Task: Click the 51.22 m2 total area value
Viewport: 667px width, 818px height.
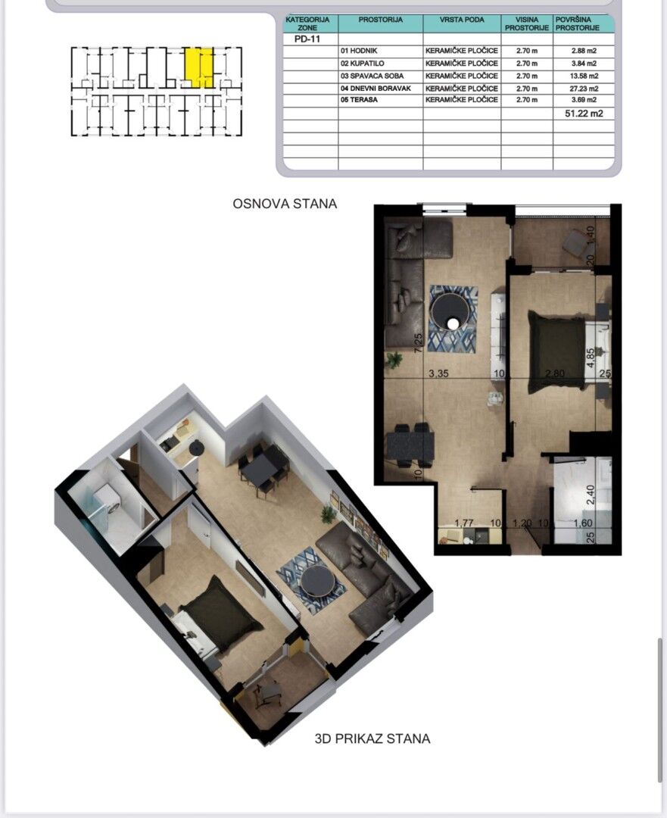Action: tap(584, 113)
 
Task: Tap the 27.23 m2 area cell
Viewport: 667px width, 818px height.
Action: tap(584, 89)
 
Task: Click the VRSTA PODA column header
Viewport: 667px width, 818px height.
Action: tap(462, 20)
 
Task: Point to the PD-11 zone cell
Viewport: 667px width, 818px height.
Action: tap(307, 39)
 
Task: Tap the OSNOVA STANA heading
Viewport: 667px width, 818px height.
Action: tap(285, 204)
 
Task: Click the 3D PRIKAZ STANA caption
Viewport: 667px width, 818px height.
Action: tap(372, 738)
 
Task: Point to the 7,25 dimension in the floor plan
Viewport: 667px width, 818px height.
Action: tap(418, 343)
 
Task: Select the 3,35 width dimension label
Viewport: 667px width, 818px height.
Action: tap(438, 373)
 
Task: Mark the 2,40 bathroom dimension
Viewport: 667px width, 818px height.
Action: tap(591, 495)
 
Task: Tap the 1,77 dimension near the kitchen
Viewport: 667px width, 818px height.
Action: tap(463, 523)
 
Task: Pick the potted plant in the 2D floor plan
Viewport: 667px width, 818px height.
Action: tap(394, 360)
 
